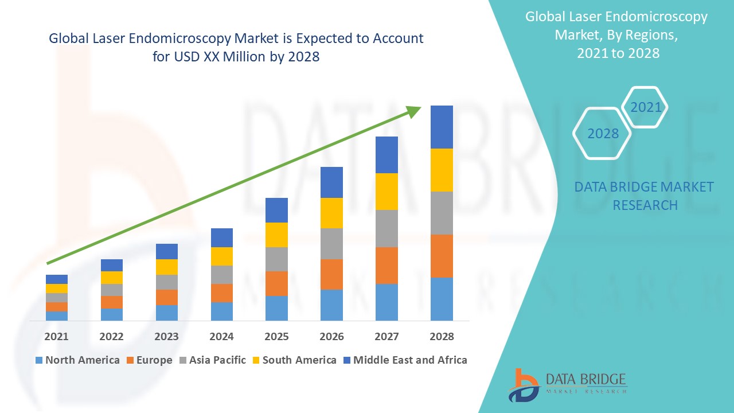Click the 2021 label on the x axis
point(56,336)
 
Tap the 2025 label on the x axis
point(276,336)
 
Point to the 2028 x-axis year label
point(442,336)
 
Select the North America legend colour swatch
point(39,360)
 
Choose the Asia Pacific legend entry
point(215,360)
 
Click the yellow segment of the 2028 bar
point(442,170)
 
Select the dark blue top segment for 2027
point(386,155)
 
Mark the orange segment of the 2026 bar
point(331,274)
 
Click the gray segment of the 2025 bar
point(276,259)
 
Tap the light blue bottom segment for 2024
point(221,311)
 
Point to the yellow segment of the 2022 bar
point(111,278)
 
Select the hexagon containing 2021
point(645,107)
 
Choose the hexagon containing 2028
point(602,134)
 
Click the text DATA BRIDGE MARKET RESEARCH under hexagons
point(644,196)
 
